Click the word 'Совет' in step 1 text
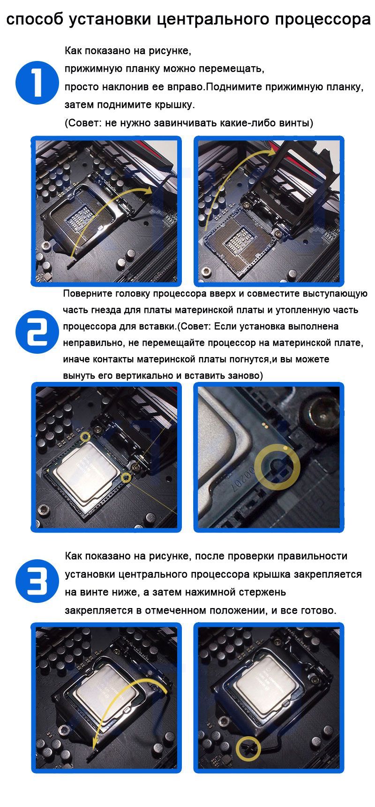click(84, 123)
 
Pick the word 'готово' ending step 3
click(319, 611)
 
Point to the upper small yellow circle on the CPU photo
click(85, 437)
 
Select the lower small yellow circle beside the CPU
click(126, 478)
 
